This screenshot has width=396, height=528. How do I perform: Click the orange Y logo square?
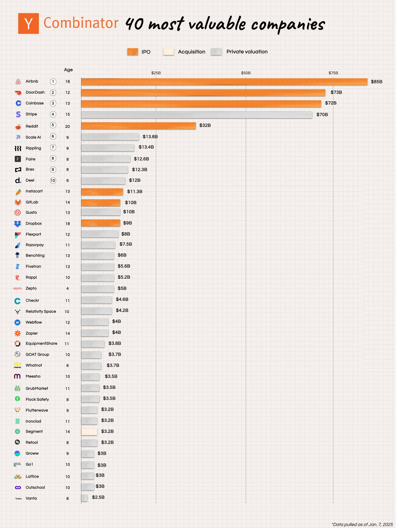point(28,23)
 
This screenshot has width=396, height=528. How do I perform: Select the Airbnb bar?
point(224,82)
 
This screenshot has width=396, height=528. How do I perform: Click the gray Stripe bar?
point(196,115)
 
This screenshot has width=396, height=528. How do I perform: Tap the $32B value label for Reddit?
point(205,125)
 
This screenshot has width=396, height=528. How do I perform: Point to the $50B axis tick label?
point(246,73)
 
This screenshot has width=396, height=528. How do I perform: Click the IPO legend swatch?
point(133,52)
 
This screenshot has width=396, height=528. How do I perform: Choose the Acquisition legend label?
point(192,52)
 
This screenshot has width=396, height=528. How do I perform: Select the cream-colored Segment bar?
point(89,432)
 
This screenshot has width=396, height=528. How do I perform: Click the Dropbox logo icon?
point(18,224)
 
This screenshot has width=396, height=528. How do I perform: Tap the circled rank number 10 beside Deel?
point(53,180)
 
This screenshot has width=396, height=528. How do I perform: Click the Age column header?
point(68,70)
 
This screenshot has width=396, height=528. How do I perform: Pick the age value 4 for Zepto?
point(68,288)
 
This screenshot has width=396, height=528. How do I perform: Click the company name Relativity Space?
point(41,311)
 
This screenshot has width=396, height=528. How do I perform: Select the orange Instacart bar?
point(102,192)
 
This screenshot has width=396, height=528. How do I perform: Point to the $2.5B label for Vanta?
point(98,497)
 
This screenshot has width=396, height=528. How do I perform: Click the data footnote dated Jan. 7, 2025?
point(362,524)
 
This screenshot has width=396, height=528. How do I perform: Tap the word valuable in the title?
point(217,24)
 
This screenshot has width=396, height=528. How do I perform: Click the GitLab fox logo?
point(18,202)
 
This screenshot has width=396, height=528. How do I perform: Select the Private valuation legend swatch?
point(216,52)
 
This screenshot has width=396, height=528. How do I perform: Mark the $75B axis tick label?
point(333,73)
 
